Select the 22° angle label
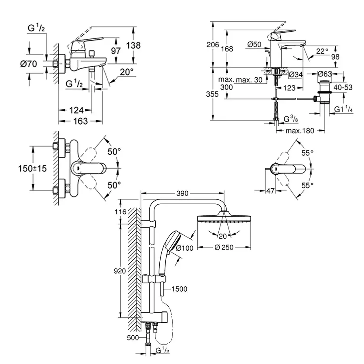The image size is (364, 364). click(x=322, y=51)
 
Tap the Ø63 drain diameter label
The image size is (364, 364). click(x=325, y=74)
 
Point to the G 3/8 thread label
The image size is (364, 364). click(x=291, y=119)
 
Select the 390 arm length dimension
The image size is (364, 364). click(x=182, y=194)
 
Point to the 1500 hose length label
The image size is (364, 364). click(x=179, y=289)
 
